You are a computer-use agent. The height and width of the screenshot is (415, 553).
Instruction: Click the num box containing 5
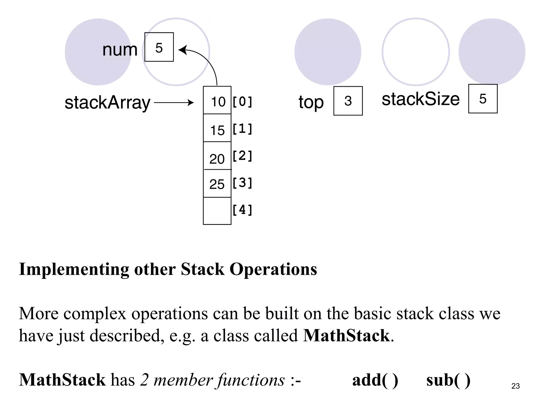pos(159,47)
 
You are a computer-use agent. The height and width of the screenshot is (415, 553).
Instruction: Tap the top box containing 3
pos(348,101)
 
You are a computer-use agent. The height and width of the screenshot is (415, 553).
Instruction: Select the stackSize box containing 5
pos(483,99)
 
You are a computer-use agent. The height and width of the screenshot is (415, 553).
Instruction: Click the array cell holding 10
pos(217,100)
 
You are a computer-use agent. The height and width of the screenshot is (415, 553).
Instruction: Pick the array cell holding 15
pos(217,128)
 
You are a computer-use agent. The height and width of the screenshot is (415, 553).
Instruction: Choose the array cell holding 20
pos(217,156)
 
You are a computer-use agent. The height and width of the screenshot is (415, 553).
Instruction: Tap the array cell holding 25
pos(217,184)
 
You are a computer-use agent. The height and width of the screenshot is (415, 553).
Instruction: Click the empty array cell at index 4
pos(217,211)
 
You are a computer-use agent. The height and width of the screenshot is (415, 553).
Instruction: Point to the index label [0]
pos(242,102)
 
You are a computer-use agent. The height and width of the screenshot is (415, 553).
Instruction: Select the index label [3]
pos(242,183)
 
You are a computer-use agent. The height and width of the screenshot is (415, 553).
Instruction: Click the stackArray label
pos(107,103)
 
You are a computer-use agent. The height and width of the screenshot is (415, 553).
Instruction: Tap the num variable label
pos(120,50)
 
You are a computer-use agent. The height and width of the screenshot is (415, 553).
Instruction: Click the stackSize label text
pos(421,99)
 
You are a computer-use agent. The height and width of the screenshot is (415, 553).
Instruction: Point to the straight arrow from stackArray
pos(174,103)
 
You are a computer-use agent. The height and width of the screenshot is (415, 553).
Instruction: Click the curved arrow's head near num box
pos(182,50)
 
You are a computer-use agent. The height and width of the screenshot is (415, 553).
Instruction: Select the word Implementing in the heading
pos(74,269)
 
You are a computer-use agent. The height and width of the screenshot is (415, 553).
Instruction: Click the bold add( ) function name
pos(375,380)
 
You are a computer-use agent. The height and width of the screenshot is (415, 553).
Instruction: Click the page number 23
pos(515,386)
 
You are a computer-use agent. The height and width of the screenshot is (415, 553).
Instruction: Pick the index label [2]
pos(242,156)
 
